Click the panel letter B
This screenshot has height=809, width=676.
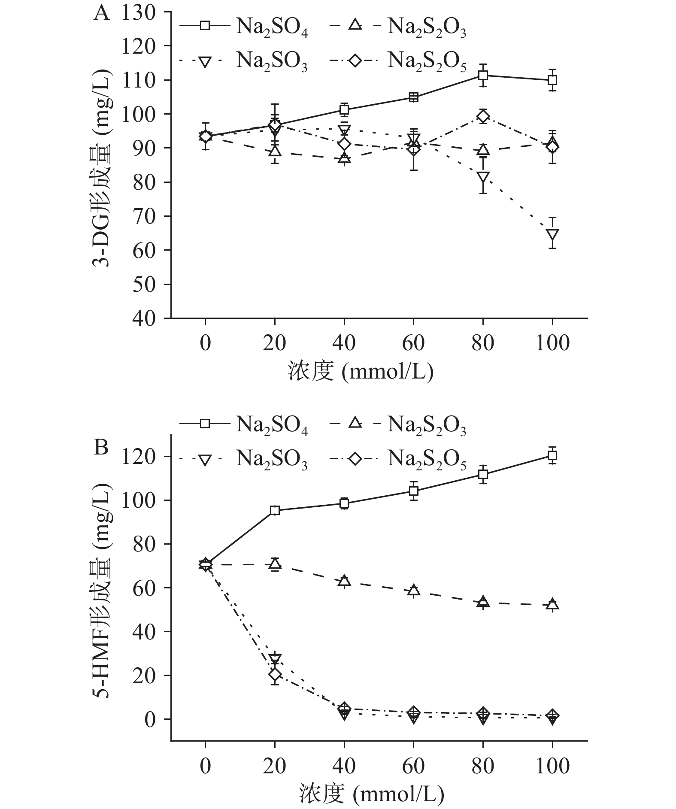pyautogui.click(x=101, y=448)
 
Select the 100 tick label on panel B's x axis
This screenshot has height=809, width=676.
pyautogui.click(x=552, y=766)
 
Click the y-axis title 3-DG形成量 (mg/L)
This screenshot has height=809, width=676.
pyautogui.click(x=101, y=165)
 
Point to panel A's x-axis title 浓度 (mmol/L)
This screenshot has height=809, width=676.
pyautogui.click(x=361, y=372)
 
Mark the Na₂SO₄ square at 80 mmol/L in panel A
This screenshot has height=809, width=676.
pyautogui.click(x=483, y=76)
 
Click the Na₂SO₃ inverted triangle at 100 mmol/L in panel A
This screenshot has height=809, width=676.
pyautogui.click(x=552, y=235)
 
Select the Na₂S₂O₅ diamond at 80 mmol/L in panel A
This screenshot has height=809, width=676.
pyautogui.click(x=483, y=116)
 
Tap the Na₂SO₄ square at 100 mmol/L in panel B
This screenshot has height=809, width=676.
pyautogui.click(x=552, y=455)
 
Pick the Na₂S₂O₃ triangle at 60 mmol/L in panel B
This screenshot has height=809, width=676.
pyautogui.click(x=413, y=590)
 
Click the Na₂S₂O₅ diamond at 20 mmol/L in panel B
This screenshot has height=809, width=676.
pyautogui.click(x=275, y=674)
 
